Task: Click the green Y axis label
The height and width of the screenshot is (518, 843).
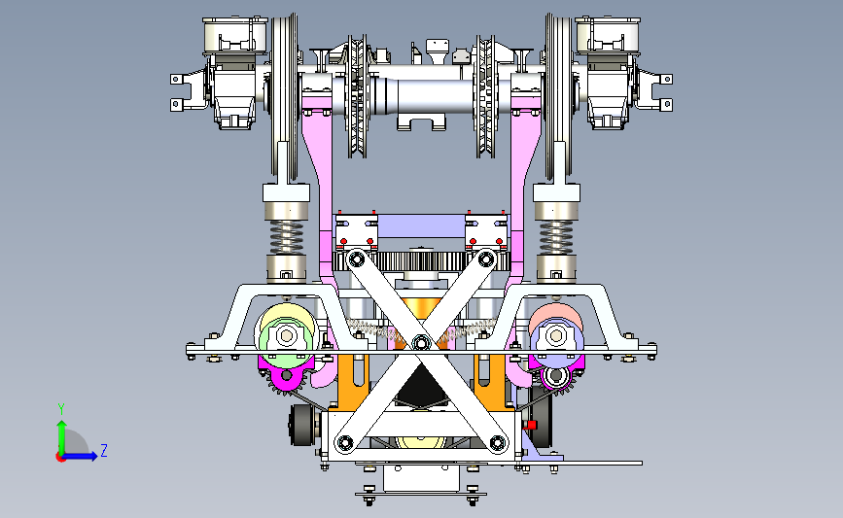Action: coord(61,409)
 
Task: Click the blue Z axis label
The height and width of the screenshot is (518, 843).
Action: coord(104,450)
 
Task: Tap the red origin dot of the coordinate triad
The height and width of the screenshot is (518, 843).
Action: coord(60,458)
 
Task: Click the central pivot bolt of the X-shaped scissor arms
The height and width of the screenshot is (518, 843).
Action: coord(421,342)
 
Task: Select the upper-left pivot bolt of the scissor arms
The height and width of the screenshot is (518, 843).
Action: coord(356,260)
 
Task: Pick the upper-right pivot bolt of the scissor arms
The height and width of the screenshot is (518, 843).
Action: coord(486,259)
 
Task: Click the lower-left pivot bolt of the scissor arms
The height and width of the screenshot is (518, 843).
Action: coord(344,443)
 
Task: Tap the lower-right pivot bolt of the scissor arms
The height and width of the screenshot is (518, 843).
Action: coord(498,443)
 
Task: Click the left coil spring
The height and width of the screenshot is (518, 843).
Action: coord(286,237)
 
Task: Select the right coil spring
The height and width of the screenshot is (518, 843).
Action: coord(556,237)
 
